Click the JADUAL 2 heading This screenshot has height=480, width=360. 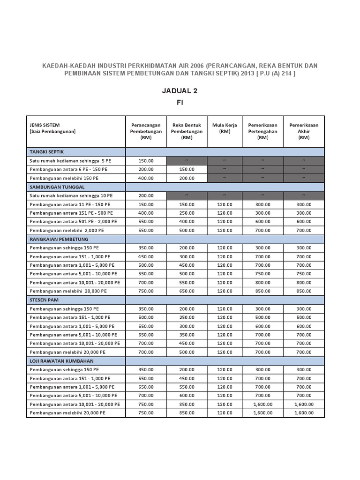(x=180, y=91)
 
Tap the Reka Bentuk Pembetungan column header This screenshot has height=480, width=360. (x=187, y=131)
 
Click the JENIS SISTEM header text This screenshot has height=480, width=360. (x=46, y=125)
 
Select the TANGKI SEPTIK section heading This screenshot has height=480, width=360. (x=47, y=152)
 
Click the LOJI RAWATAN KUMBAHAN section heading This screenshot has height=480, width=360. (x=61, y=361)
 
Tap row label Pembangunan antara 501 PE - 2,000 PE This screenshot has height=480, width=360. (x=73, y=221)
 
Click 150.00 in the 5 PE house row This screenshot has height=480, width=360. (x=146, y=161)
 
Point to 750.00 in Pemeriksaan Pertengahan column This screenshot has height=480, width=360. (x=262, y=274)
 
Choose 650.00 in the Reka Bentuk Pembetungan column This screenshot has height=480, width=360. (x=187, y=291)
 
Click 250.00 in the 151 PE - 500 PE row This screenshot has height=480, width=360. (x=187, y=213)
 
